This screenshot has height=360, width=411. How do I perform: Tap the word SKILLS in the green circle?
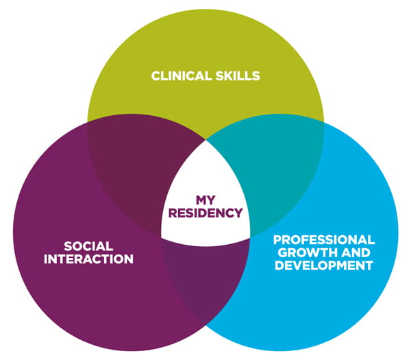(238, 75)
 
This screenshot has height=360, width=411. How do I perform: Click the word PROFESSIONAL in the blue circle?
(324, 240)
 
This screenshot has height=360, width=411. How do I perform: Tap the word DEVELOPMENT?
(324, 265)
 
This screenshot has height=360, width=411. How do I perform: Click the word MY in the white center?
(206, 200)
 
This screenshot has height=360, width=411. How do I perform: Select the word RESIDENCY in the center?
(206, 213)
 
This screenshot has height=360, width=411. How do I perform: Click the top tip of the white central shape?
(206, 143)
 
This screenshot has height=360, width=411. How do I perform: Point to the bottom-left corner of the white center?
(164, 238)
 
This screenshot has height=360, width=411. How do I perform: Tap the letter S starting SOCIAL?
(67, 245)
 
